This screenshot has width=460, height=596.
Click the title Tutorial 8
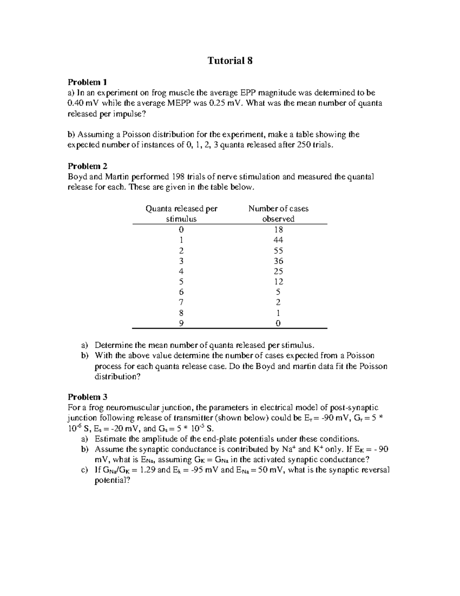[230, 61]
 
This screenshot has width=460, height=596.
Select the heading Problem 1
[87, 82]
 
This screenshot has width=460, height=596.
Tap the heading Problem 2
[87, 166]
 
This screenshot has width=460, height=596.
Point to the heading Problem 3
[87, 397]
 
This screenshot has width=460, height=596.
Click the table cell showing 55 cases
[278, 251]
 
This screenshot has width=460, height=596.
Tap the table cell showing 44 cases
[278, 240]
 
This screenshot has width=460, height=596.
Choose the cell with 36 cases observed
[278, 261]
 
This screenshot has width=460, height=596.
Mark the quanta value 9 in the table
[181, 323]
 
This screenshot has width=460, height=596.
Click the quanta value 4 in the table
[181, 271]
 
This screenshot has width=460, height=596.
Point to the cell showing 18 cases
[278, 229]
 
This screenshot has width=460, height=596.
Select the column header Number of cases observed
[278, 213]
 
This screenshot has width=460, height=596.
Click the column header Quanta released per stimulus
[181, 213]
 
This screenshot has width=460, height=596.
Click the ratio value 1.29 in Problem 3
[148, 470]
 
